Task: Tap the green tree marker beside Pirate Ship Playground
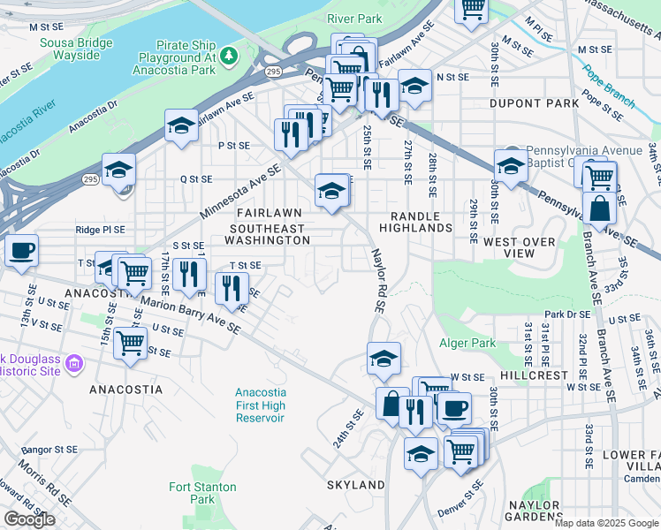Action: [229, 57]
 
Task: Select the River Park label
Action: [353, 18]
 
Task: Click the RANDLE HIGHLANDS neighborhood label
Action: [415, 221]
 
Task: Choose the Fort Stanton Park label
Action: [202, 493]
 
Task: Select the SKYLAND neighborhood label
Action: [355, 485]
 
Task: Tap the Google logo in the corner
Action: [28, 519]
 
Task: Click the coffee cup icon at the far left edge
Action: [21, 250]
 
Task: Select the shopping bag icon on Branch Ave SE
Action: [600, 210]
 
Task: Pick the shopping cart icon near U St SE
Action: [131, 342]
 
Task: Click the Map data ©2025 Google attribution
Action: [606, 523]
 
